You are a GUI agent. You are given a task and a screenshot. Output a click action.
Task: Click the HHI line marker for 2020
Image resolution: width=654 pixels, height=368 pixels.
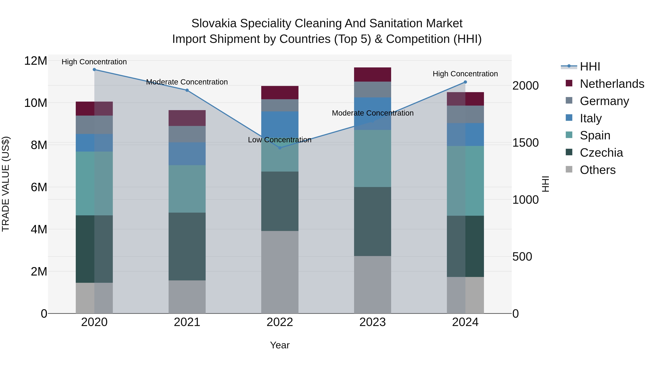click(x=94, y=70)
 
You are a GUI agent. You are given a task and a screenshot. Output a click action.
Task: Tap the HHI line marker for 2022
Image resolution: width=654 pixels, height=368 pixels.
click(x=280, y=148)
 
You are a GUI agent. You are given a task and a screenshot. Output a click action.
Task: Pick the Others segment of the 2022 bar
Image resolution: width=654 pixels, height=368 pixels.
click(x=280, y=272)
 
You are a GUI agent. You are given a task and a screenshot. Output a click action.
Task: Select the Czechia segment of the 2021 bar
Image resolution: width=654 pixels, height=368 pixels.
click(x=187, y=246)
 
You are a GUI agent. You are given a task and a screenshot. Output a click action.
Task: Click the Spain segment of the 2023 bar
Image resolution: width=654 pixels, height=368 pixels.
click(x=372, y=158)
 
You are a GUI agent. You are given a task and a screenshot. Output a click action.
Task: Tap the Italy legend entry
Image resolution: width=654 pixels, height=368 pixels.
click(x=591, y=118)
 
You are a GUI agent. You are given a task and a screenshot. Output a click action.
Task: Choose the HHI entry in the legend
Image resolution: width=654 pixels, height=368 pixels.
click(x=590, y=67)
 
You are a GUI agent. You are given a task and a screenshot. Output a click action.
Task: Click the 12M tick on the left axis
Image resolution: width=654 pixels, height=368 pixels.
click(x=36, y=61)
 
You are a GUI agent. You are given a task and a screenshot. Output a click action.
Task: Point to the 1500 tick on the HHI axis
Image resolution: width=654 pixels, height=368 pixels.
click(x=525, y=143)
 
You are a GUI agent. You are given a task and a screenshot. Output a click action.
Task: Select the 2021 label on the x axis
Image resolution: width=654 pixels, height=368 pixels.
click(x=187, y=322)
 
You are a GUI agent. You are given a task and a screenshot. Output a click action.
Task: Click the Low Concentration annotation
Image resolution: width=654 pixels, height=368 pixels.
click(x=280, y=140)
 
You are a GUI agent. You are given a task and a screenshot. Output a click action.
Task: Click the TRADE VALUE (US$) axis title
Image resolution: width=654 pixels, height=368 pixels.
click(x=6, y=184)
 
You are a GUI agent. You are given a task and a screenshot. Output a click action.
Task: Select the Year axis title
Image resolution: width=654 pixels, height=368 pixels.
click(x=280, y=345)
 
